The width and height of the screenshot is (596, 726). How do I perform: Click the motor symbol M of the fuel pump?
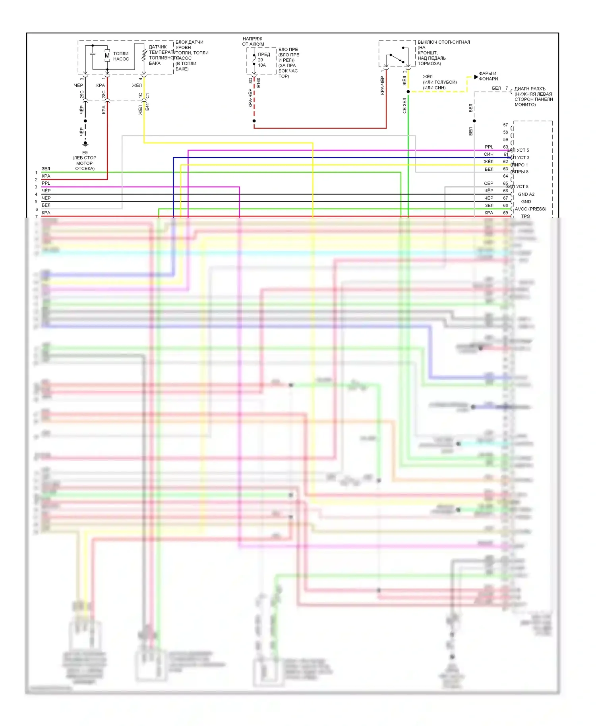pyautogui.click(x=107, y=56)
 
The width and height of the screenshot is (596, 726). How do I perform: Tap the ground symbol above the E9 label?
pyautogui.click(x=85, y=143)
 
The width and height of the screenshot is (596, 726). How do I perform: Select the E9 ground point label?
pyautogui.click(x=85, y=153)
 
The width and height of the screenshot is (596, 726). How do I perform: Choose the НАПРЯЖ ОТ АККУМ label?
pyautogui.click(x=253, y=41)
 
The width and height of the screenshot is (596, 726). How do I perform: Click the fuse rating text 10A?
pyautogui.click(x=262, y=65)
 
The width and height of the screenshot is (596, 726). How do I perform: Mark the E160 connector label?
pyautogui.click(x=259, y=83)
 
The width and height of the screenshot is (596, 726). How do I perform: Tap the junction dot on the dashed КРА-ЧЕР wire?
pyautogui.click(x=254, y=121)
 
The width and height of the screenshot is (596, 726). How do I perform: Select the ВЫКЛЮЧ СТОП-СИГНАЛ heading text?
pyautogui.click(x=443, y=42)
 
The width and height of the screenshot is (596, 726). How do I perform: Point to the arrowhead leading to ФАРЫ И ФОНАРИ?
pyautogui.click(x=476, y=77)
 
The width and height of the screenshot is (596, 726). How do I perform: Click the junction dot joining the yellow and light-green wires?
pyautogui.click(x=408, y=92)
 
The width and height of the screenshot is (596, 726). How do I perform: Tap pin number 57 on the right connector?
pyautogui.click(x=505, y=125)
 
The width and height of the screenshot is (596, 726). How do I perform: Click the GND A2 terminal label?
pyautogui.click(x=526, y=194)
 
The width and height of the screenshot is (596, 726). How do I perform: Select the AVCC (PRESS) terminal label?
pyautogui.click(x=530, y=209)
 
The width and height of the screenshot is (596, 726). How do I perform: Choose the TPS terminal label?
pyautogui.click(x=525, y=216)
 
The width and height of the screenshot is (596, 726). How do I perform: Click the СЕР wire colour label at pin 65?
pyautogui.click(x=488, y=183)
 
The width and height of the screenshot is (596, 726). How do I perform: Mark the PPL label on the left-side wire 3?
pyautogui.click(x=46, y=183)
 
